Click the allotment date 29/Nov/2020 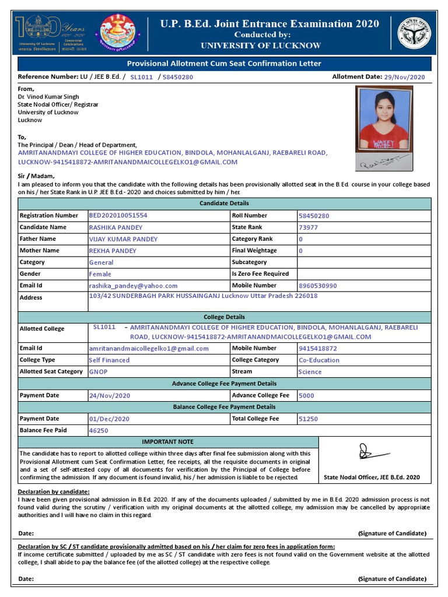coord(404,77)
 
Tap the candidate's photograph coord(383,120)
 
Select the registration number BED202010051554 coord(118,215)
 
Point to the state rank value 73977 coord(308,227)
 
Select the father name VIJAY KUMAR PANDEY coord(123,239)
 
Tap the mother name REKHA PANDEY coord(113,251)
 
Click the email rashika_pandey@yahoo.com coord(133,286)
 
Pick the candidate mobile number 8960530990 coord(317,286)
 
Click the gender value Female coord(100,274)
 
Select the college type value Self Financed coord(109,360)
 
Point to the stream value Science coord(310,372)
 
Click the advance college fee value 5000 coord(306,395)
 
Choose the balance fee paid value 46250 coord(98,431)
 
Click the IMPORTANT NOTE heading coord(168,442)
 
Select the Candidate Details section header coord(225,203)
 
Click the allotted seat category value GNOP coord(98,372)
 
